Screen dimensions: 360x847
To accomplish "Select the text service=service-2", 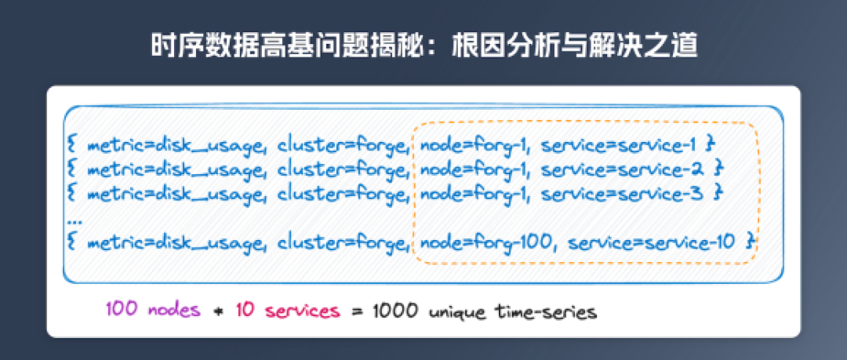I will (x=623, y=169).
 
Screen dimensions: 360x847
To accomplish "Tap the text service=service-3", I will (x=623, y=193).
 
